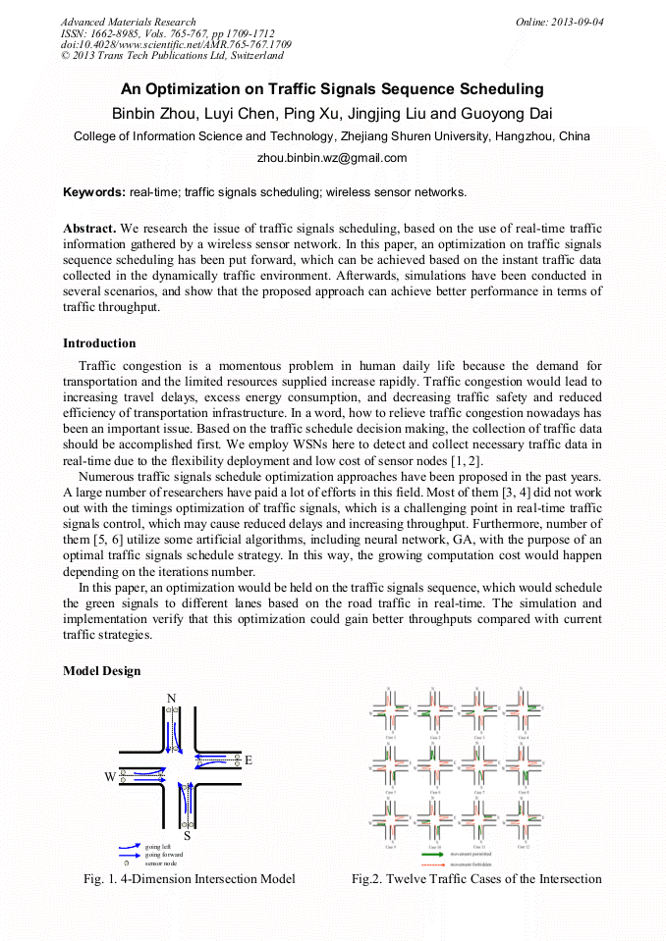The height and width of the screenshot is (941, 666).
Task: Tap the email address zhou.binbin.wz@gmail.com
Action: tap(332, 158)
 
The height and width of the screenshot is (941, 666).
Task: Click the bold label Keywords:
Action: tap(94, 192)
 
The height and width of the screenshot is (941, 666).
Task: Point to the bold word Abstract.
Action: tap(89, 228)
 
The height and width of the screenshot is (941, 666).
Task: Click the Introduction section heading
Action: tap(99, 343)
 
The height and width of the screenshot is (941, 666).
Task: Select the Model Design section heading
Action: tap(101, 670)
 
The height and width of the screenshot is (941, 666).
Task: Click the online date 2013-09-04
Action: tap(577, 22)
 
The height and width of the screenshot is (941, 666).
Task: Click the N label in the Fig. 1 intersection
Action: tap(171, 698)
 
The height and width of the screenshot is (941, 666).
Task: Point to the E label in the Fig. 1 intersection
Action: tap(248, 760)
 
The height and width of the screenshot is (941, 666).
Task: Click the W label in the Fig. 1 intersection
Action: tap(110, 777)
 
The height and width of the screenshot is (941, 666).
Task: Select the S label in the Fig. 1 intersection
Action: tap(187, 836)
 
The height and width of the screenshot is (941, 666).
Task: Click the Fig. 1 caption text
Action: tap(190, 879)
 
